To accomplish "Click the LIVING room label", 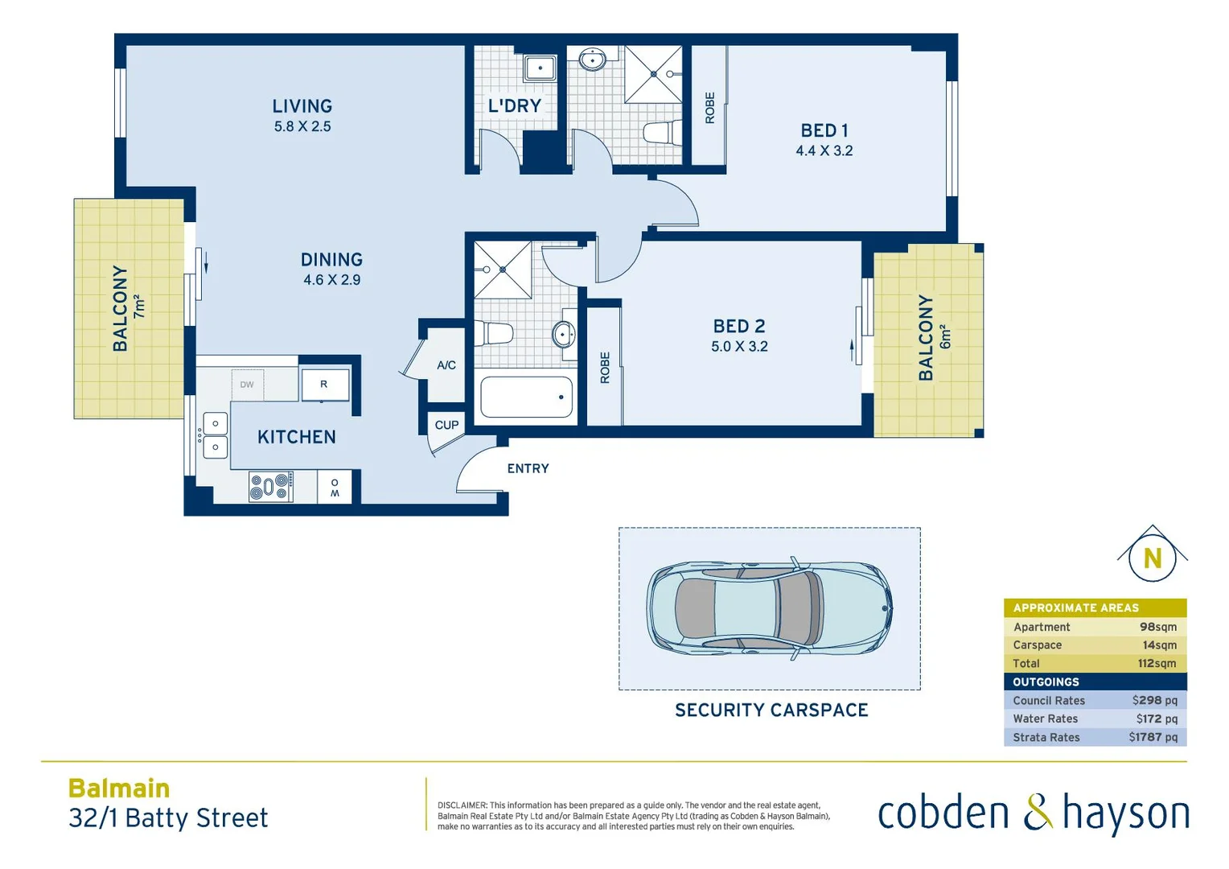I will coord(302,106).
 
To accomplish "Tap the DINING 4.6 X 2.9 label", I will coord(331,270).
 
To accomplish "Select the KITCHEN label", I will coord(296,437).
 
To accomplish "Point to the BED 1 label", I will coord(824,130).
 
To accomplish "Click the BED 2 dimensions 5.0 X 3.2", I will coord(739,347).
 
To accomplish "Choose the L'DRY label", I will coord(514,105).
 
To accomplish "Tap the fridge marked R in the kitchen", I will coord(325,385).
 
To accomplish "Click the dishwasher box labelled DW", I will coord(247,385).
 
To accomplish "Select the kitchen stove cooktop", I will coord(269,487).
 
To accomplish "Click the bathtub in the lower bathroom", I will coord(526,397).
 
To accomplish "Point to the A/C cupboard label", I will coord(446,365).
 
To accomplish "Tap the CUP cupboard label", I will coord(446,425).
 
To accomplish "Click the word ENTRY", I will coord(528,468).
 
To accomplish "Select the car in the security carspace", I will coord(769,608).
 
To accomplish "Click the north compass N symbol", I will coord(1152,558).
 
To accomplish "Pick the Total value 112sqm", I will coord(1157,663).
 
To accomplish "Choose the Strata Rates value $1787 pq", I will coord(1153,737).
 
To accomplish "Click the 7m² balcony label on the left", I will coord(139,307).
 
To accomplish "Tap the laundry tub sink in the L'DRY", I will coord(540,68).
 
